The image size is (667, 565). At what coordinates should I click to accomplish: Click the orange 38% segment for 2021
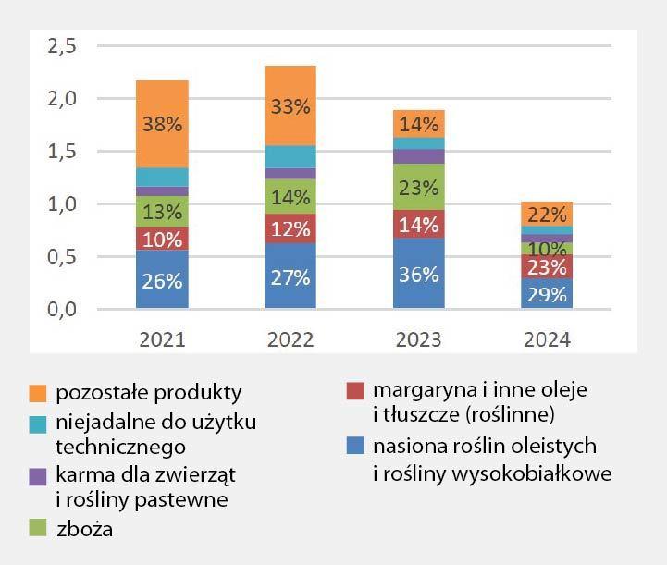[162, 124]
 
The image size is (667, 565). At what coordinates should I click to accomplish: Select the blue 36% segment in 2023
[418, 274]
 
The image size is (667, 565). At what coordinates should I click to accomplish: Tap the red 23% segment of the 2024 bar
[547, 267]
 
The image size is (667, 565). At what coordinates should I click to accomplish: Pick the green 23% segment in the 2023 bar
[418, 187]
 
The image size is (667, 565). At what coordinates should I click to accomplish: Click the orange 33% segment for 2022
[290, 105]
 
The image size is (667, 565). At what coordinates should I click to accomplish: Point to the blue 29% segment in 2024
[547, 294]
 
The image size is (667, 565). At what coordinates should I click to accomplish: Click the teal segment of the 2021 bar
[162, 177]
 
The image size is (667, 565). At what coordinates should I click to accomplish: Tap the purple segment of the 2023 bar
[418, 156]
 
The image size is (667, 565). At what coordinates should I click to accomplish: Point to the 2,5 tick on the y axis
[61, 45]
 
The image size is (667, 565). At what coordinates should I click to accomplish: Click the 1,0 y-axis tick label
[61, 203]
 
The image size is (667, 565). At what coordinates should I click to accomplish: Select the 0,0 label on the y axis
[61, 309]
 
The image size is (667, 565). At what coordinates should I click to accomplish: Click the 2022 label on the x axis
[290, 339]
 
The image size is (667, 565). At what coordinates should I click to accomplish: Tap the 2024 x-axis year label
[547, 339]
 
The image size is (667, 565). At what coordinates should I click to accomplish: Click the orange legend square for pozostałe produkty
[38, 392]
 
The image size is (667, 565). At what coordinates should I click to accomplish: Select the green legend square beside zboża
[38, 529]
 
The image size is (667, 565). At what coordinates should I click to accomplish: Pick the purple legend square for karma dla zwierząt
[38, 477]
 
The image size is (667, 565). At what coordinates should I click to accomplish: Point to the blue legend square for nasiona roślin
[353, 448]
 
